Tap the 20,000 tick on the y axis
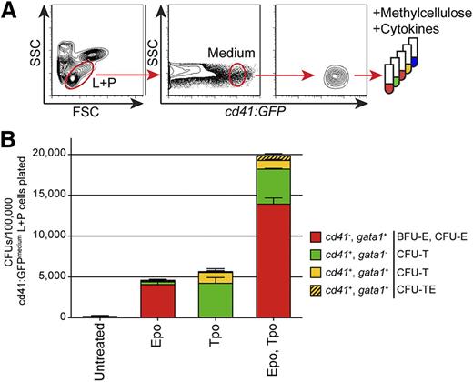click(x=93, y=155)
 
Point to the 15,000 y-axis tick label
click(x=93, y=195)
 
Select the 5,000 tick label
click(x=96, y=276)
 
